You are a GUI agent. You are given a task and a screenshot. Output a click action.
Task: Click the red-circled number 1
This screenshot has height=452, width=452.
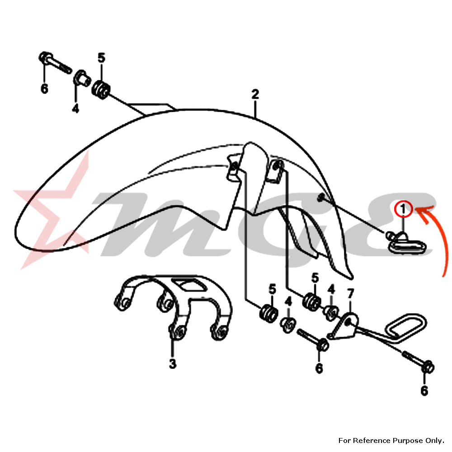click(x=403, y=209)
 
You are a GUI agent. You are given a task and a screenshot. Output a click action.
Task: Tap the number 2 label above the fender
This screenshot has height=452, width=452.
click(x=255, y=94)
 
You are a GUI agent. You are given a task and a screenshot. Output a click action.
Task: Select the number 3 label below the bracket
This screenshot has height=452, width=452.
click(x=172, y=364)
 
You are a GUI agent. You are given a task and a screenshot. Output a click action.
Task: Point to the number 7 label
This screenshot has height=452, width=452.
click(x=350, y=294)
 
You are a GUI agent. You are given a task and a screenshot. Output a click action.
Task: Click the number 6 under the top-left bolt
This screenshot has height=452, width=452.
click(x=44, y=89)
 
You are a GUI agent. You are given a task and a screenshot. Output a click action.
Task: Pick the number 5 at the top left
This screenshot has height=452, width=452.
click(x=101, y=58)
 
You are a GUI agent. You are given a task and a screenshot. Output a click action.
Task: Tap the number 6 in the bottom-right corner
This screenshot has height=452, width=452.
click(x=424, y=391)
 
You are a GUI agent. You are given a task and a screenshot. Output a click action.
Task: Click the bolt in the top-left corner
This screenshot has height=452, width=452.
click(x=55, y=62)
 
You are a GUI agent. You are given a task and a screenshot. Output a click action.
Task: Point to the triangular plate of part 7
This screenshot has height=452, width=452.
click(x=344, y=327)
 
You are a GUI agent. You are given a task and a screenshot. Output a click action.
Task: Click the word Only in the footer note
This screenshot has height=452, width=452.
click(x=434, y=440)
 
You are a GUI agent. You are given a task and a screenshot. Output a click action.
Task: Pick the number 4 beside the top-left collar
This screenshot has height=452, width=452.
click(x=75, y=108)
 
